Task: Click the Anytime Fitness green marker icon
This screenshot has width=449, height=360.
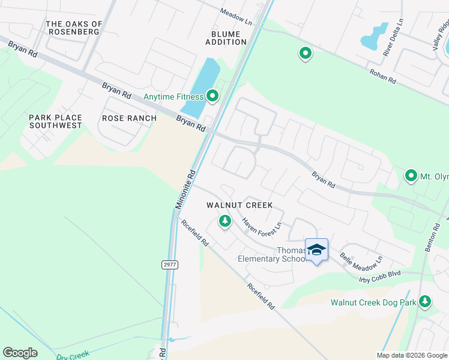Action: (x=212, y=96)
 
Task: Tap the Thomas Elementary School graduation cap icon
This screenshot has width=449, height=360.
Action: (x=316, y=249)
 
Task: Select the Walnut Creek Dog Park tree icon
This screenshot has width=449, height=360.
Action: (x=425, y=301)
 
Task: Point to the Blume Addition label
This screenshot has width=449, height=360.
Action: (x=226, y=38)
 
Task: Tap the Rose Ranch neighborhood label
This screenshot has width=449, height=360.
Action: (x=129, y=118)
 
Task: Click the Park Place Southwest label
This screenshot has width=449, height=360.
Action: (x=55, y=121)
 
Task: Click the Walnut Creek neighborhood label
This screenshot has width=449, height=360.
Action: (x=240, y=205)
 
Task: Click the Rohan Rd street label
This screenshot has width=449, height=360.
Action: (x=382, y=79)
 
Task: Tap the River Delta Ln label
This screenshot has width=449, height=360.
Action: (x=394, y=37)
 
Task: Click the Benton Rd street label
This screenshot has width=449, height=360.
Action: (x=430, y=237)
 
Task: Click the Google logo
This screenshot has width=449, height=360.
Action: (x=20, y=353)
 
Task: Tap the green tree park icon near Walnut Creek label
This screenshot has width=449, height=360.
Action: (x=225, y=221)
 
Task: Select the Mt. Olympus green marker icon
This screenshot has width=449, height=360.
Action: (x=411, y=176)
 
